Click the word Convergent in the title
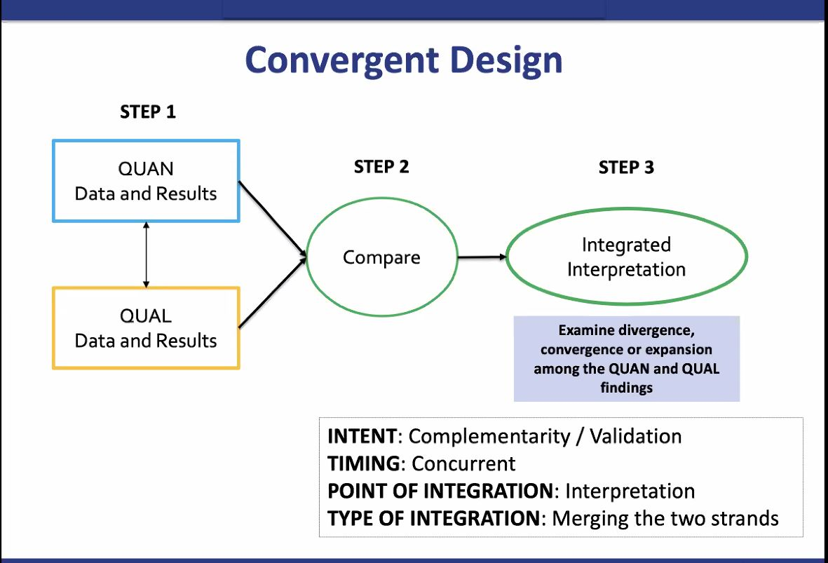point(341,60)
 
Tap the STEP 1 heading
point(148,111)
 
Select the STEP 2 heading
point(381,167)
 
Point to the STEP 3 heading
point(626,168)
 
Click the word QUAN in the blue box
point(146,169)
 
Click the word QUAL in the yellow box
point(146,316)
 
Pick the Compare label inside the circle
point(382,257)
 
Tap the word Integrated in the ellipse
point(626,245)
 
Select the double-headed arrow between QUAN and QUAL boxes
point(147,255)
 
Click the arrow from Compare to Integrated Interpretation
point(482,257)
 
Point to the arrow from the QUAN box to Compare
point(273,219)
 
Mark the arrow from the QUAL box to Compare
point(273,292)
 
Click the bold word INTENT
point(362,436)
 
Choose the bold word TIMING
point(364,463)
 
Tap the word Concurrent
point(463,463)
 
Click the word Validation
point(636,436)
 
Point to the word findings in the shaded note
point(626,388)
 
